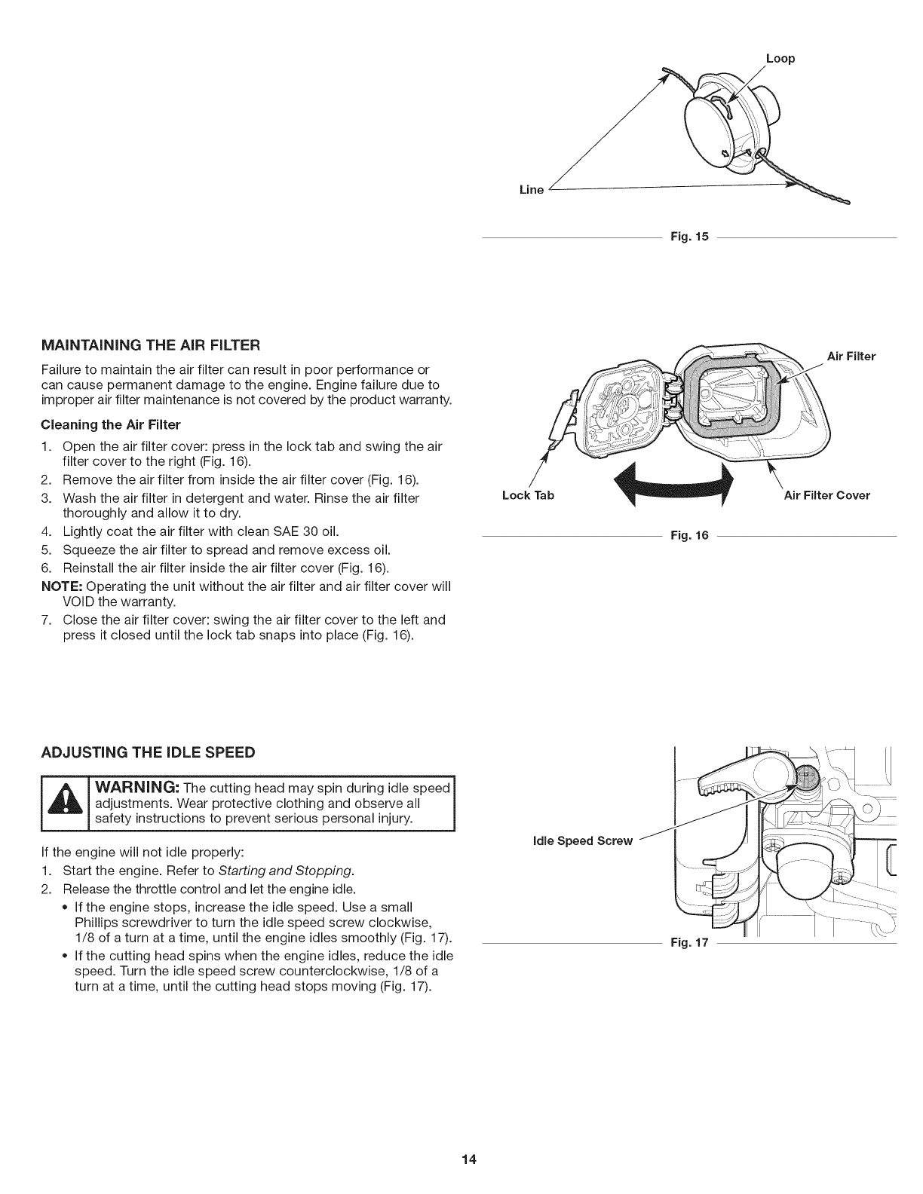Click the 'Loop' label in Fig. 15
(x=780, y=58)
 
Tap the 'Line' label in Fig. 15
(x=532, y=189)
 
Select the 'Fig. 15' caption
(x=690, y=237)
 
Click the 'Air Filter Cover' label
(x=826, y=495)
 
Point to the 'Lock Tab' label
(x=528, y=495)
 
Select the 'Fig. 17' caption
(x=690, y=943)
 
